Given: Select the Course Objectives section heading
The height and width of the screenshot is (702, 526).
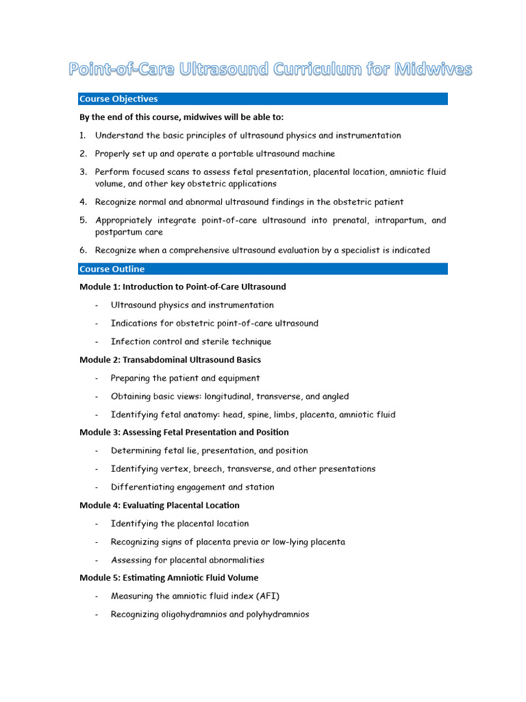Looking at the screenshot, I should [118, 99].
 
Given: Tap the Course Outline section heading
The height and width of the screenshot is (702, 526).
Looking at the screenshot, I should [112, 269].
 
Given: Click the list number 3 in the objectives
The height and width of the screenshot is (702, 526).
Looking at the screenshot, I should [83, 172].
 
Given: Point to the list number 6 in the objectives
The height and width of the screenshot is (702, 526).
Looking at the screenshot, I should [83, 250].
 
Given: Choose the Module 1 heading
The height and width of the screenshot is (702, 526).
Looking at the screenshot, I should [183, 287].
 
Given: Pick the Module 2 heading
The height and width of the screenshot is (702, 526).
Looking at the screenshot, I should [170, 359].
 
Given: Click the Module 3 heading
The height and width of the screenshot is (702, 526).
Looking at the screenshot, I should [184, 432].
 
